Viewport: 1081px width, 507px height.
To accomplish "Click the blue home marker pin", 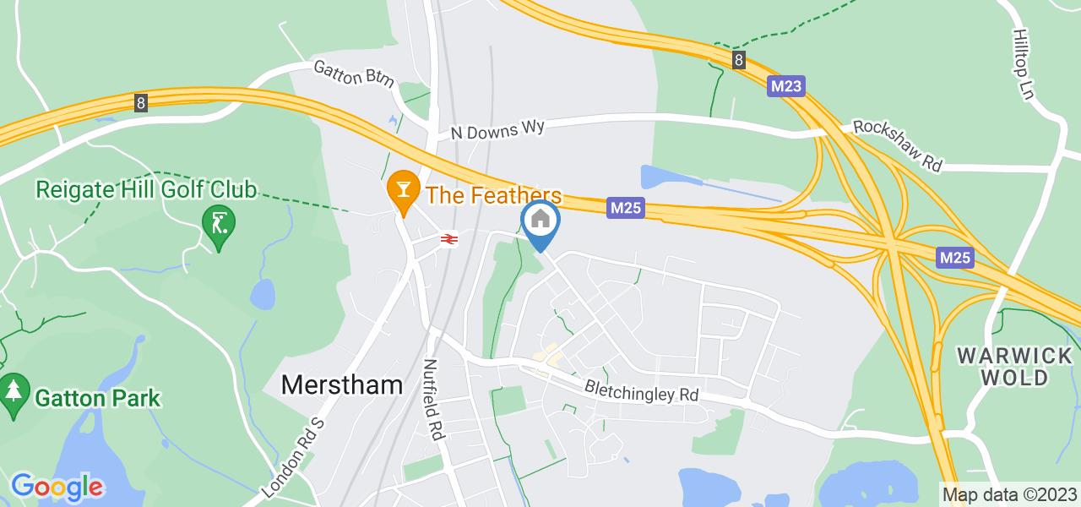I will [x=540, y=221].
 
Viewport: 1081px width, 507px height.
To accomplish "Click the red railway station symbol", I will [x=448, y=239].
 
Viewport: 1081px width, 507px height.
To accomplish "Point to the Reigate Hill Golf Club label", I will [x=146, y=189].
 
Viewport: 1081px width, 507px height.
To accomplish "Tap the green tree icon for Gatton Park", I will [x=13, y=393].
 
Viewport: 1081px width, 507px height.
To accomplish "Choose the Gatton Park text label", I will [x=97, y=396].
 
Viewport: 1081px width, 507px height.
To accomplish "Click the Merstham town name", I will [x=341, y=385].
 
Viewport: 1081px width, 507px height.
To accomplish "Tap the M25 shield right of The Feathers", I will [x=626, y=208].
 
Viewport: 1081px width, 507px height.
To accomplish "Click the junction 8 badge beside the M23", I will [x=739, y=59].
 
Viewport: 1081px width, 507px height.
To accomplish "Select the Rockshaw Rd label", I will [x=897, y=145].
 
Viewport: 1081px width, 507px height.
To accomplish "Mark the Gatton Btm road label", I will [x=354, y=74].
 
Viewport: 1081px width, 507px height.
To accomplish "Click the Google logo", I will [x=57, y=487].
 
